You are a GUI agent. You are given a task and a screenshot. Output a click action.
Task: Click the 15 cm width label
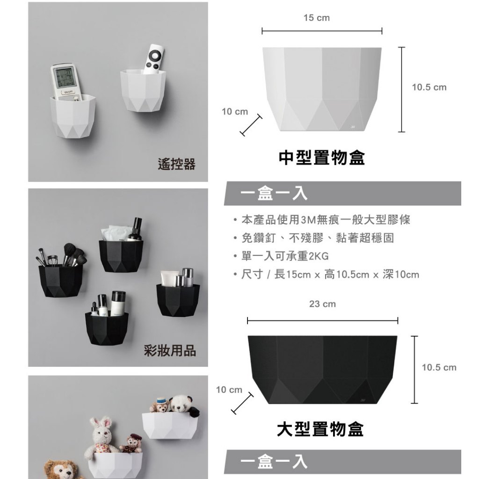pos(317,18)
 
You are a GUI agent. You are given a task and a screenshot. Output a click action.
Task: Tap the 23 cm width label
pos(322,304)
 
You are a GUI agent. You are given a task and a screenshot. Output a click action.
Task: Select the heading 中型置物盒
pos(322,158)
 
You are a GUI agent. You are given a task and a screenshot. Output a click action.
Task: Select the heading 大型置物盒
pos(320,429)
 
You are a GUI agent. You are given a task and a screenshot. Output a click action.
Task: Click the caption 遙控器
pos(176,164)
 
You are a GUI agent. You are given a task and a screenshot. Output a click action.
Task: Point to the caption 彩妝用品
pos(170,350)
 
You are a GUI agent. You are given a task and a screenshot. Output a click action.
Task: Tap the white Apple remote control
pos(153,59)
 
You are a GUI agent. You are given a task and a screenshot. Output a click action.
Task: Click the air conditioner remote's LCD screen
pos(64,78)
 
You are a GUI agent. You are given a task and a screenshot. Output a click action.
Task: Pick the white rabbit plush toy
pos(101,437)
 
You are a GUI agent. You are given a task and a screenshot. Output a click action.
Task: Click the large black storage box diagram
pos(322,370)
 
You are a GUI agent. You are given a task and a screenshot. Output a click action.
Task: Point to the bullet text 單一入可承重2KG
pos(285,256)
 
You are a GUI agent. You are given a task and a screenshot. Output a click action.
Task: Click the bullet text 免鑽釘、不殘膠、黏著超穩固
pos(318,238)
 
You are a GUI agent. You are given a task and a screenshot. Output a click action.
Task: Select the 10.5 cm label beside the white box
pos(429,87)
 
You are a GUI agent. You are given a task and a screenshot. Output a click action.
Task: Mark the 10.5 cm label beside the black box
pos(439,368)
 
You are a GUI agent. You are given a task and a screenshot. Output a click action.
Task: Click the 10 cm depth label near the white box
pos(235,112)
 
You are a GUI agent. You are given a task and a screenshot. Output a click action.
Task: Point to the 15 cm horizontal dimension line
pos(322,31)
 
